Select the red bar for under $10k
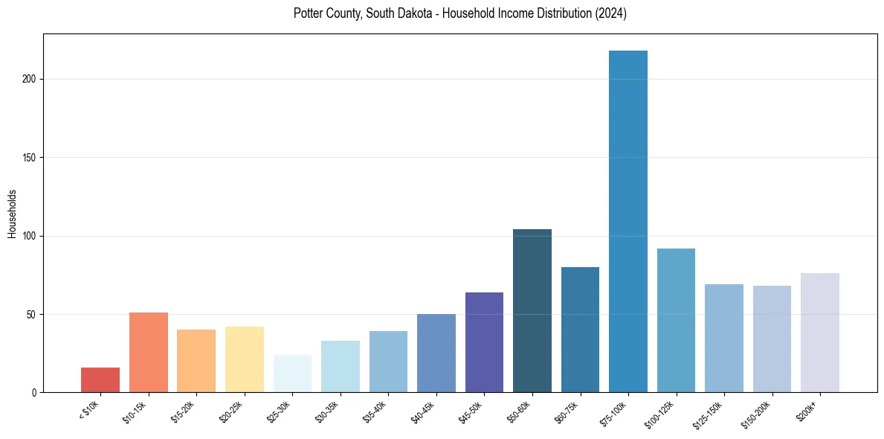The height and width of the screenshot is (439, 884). coord(100,379)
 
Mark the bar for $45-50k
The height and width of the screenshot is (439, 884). coord(484,342)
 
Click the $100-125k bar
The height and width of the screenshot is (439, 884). coord(676,320)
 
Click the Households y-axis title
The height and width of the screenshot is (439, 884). coord(12,214)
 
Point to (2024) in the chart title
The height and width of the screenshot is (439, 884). coord(610,13)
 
